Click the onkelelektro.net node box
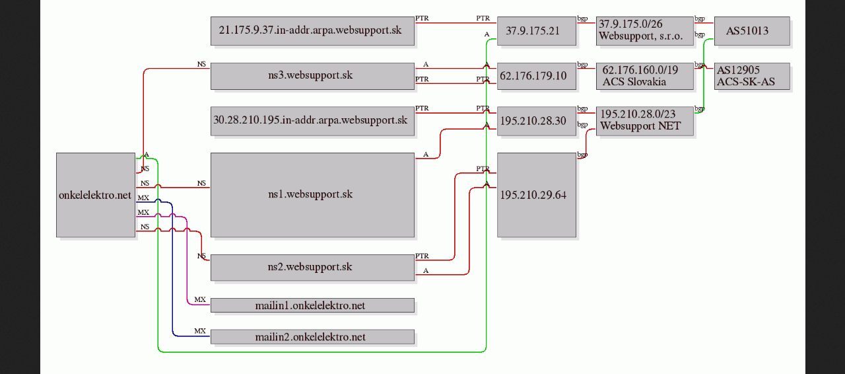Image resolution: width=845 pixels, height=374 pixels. [96, 195]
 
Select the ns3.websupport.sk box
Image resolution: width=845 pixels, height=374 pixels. [312, 76]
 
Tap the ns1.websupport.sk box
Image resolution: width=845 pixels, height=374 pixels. [312, 195]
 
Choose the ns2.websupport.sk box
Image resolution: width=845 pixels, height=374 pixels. [312, 268]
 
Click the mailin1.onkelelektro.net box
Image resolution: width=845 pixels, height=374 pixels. [312, 305]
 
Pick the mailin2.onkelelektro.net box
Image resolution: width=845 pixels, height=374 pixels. [312, 336]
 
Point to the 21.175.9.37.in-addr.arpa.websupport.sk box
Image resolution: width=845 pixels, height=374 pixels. [312, 31]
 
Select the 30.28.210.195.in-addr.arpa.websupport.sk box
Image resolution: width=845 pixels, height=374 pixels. [312, 121]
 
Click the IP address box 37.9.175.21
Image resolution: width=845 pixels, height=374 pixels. [537, 31]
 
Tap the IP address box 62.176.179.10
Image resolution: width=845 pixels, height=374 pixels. [537, 76]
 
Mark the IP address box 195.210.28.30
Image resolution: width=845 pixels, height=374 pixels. [537, 121]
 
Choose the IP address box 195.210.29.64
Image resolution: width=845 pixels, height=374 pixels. [537, 195]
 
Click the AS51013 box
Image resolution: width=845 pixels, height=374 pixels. [752, 31]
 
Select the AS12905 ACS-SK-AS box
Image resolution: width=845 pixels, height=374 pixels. [752, 76]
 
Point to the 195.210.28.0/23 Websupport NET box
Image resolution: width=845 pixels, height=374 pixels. [645, 121]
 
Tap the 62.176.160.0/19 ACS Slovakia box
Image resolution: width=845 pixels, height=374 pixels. [645, 76]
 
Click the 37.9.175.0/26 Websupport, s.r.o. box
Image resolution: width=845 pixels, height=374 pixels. [645, 31]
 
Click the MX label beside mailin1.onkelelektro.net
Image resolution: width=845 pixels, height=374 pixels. [200, 299]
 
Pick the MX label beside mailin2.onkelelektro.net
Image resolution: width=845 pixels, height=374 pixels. [200, 331]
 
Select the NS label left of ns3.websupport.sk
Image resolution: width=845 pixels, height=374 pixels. [201, 64]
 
